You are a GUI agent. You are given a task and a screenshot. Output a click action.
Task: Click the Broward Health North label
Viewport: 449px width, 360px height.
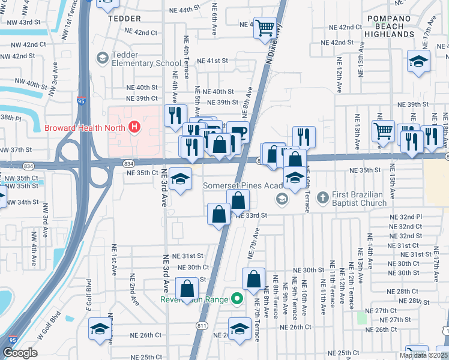click(85, 127)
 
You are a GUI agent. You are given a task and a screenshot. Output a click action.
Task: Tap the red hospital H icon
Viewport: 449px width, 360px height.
click(134, 127)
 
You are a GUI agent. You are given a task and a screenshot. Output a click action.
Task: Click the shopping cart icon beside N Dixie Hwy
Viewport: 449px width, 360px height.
click(265, 28)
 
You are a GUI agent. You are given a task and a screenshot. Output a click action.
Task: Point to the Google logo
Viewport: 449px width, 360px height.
click(20, 353)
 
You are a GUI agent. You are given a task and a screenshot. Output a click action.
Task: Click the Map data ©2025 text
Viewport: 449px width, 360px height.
click(423, 355)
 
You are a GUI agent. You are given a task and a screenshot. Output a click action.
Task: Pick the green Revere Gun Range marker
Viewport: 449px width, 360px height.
click(237, 298)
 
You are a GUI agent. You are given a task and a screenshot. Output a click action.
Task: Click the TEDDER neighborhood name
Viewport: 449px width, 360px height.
click(124, 19)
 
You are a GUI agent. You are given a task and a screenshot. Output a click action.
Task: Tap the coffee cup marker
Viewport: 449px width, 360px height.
click(238, 131)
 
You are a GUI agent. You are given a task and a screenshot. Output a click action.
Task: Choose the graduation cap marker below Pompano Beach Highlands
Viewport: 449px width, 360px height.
click(418, 61)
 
